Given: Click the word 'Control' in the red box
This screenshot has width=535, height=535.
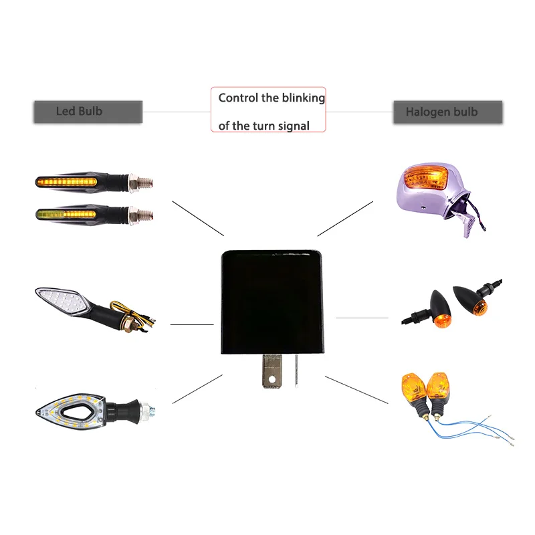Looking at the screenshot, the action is click(238, 98).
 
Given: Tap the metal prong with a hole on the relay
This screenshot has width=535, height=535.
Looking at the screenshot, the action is click(271, 370).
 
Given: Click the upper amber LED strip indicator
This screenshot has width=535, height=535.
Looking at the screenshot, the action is click(67, 181).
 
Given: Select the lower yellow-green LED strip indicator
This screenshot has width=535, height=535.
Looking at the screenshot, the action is click(67, 215).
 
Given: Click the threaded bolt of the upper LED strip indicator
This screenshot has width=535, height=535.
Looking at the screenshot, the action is click(144, 181).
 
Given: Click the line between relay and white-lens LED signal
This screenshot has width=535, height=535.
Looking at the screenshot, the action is click(192, 324).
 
